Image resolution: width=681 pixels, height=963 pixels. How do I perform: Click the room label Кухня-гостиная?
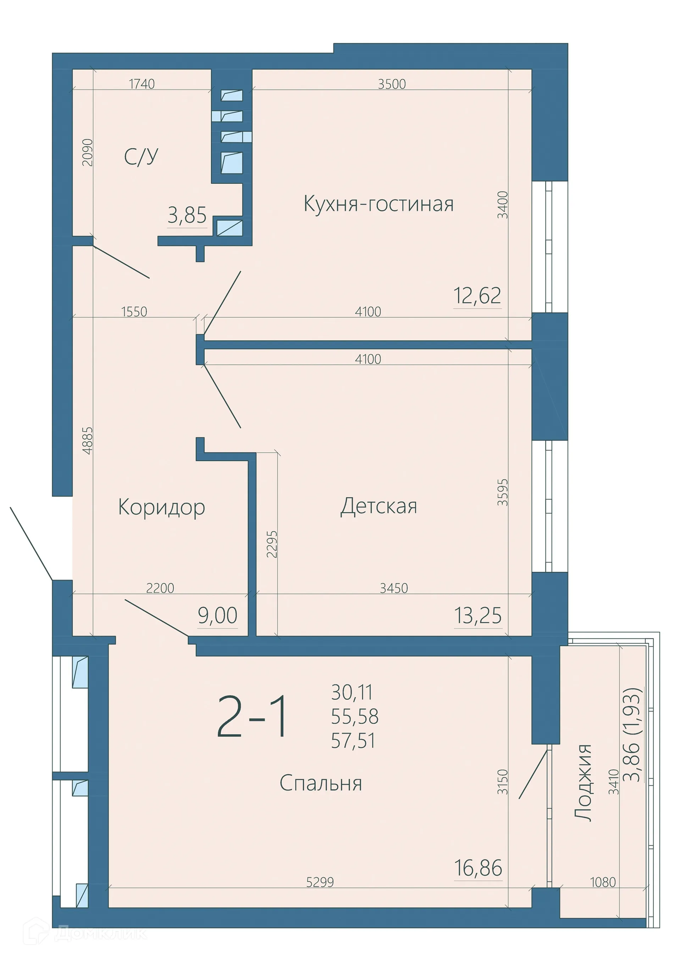click(x=378, y=204)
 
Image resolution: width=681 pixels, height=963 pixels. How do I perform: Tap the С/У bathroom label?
click(x=141, y=156)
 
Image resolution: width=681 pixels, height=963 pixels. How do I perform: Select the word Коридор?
click(x=161, y=508)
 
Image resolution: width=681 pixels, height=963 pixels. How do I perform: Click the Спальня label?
click(x=321, y=783)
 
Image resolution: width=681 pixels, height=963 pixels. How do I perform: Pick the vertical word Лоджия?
click(x=583, y=783)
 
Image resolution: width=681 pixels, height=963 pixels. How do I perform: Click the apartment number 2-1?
click(x=253, y=717)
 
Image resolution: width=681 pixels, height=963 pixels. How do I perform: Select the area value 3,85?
click(x=187, y=215)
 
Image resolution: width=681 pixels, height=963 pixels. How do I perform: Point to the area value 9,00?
click(x=218, y=616)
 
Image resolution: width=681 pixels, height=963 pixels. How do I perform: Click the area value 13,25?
click(x=478, y=616)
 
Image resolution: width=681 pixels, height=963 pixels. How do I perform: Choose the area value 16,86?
click(x=478, y=868)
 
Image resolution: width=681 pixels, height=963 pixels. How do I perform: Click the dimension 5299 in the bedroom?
click(x=320, y=882)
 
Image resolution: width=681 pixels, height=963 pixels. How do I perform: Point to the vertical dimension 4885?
click(x=88, y=441)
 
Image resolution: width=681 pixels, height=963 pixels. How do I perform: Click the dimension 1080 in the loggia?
click(x=603, y=882)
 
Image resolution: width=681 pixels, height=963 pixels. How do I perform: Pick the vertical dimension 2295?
click(x=272, y=544)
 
